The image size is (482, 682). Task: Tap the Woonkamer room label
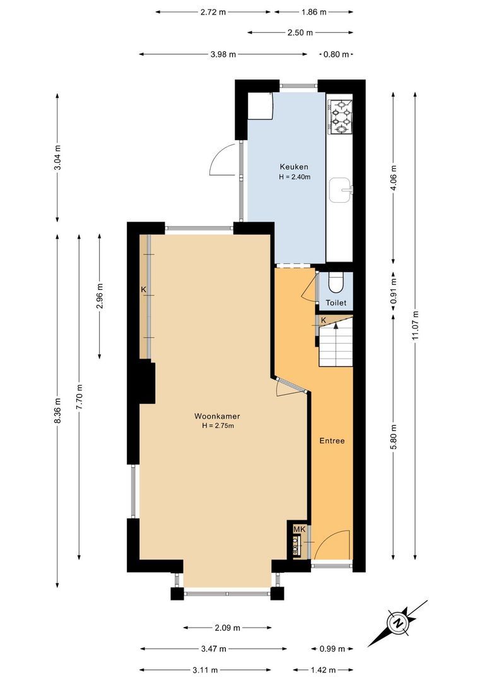tap(217, 416)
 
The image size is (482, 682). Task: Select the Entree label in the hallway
tap(332, 441)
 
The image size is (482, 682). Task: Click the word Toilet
tap(336, 303)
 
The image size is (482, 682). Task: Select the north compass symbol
tap(399, 623)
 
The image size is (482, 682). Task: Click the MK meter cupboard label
tap(298, 529)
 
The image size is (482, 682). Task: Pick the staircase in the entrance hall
tap(336, 344)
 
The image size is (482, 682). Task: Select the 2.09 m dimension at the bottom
tap(227, 628)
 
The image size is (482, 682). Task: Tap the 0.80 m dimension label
tap(336, 54)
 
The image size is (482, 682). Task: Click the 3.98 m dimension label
tap(223, 54)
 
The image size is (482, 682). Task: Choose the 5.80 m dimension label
tap(394, 436)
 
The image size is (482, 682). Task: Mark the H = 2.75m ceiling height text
tap(217, 426)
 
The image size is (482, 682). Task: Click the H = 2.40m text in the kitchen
tap(295, 177)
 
